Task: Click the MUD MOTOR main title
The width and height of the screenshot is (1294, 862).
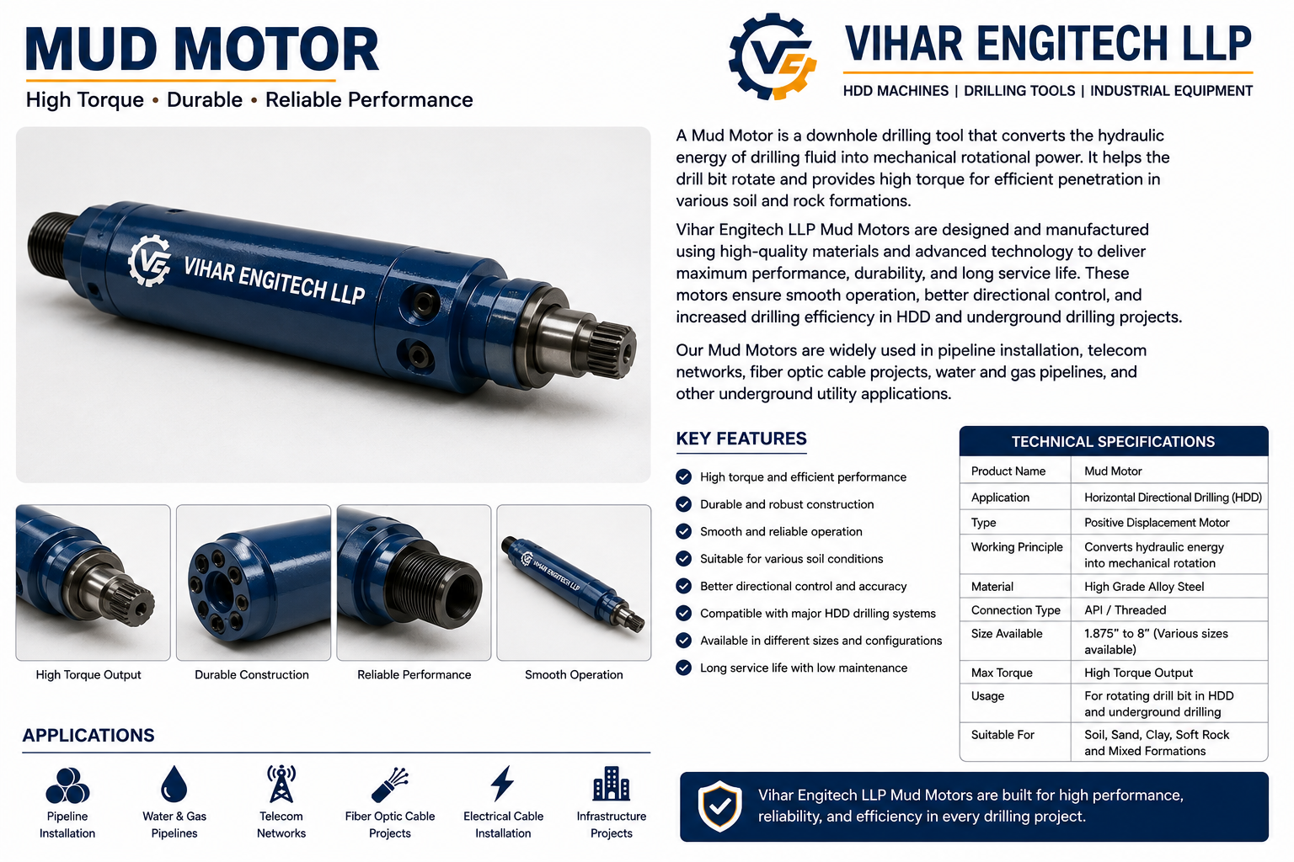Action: (202, 49)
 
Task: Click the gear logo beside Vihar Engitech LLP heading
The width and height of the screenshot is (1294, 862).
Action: (773, 56)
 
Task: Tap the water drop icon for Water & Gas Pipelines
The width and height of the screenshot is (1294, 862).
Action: (174, 784)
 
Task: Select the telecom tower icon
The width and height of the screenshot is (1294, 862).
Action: (281, 784)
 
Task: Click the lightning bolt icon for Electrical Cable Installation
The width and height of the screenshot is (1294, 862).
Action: (502, 784)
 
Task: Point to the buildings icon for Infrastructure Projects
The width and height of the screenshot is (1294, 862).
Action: (611, 784)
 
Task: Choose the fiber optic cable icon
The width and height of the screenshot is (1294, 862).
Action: (390, 785)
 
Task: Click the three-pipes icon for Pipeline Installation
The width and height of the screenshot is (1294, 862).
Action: (67, 785)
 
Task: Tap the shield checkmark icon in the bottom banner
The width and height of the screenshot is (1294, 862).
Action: (719, 806)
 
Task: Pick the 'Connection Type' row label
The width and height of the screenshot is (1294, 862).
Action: (1015, 610)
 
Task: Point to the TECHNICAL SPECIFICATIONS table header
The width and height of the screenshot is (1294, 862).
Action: (1113, 442)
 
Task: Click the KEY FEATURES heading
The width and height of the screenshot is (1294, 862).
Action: (741, 439)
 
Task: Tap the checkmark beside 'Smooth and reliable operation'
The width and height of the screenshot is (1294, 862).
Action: (684, 531)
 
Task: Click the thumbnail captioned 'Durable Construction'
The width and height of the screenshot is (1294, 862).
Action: (254, 583)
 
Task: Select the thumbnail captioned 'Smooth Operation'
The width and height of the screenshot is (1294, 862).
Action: (574, 583)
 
